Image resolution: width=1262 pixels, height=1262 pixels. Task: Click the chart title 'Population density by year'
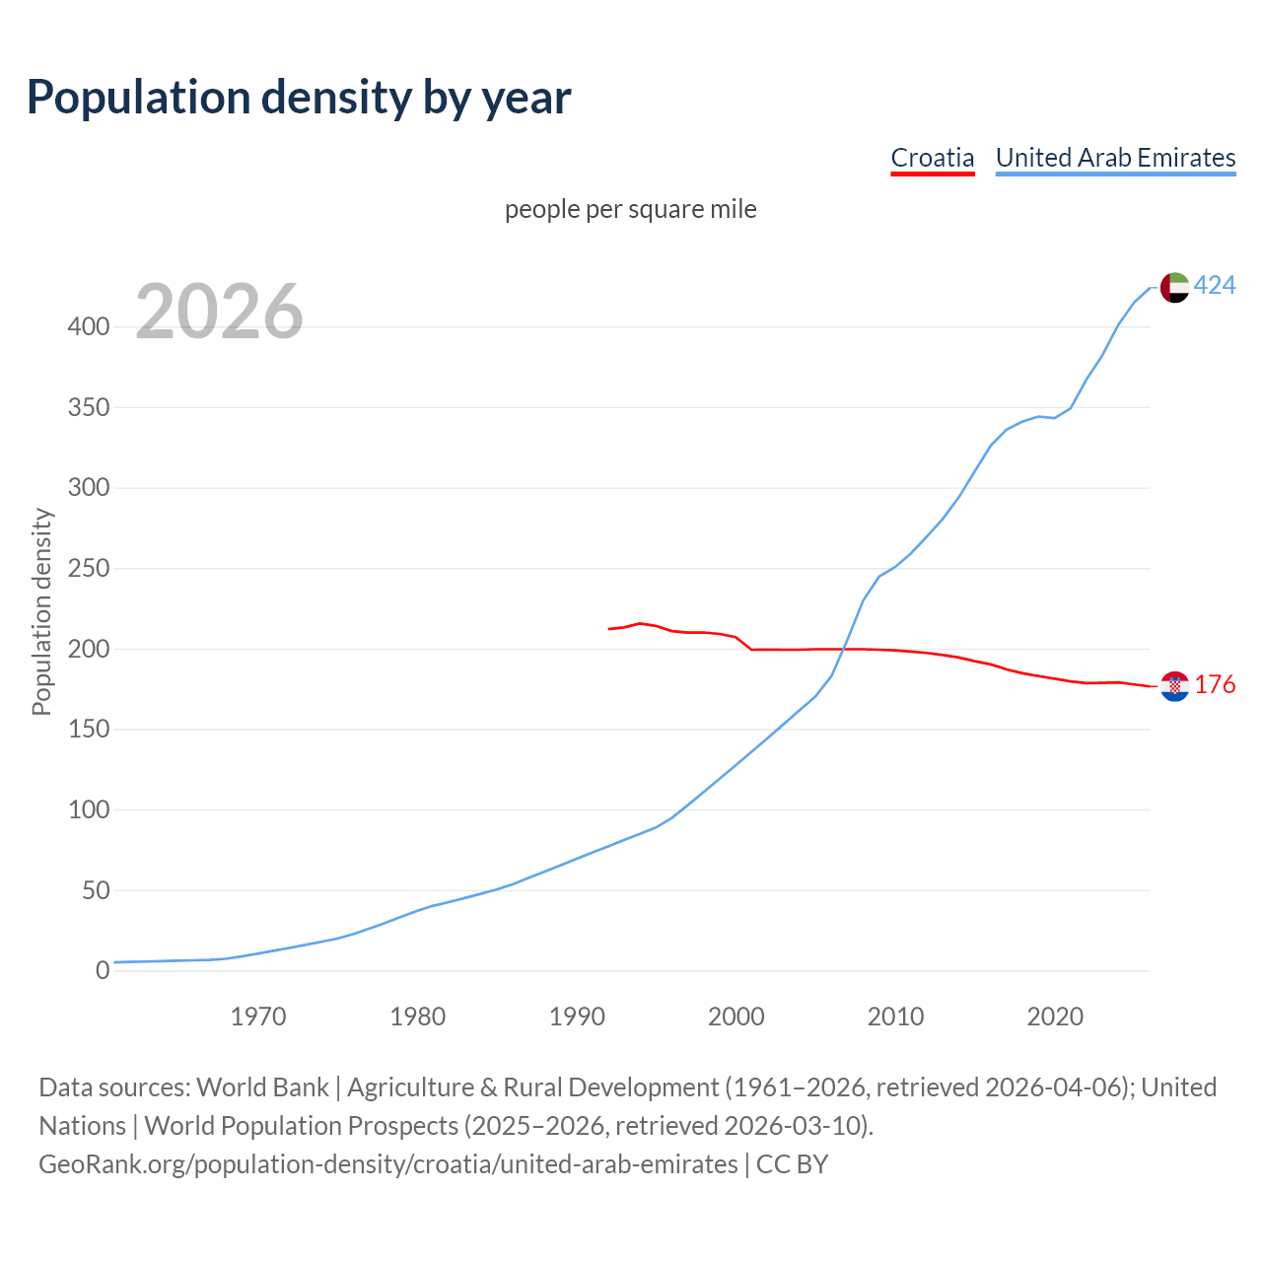(x=299, y=98)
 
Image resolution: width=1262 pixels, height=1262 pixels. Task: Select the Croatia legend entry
(x=932, y=158)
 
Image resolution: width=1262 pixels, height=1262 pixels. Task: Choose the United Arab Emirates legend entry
(x=1115, y=158)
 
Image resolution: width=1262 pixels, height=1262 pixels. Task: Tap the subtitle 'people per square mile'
(x=630, y=209)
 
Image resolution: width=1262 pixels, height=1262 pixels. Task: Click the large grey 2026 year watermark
(x=219, y=312)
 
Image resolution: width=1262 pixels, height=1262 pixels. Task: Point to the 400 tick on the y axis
(x=88, y=327)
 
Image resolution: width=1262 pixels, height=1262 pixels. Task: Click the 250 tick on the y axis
(x=88, y=569)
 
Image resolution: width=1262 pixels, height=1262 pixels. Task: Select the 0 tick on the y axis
(x=102, y=971)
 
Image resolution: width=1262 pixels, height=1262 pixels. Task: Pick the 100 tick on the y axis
(x=88, y=810)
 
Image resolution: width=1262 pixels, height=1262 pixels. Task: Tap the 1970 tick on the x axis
(x=258, y=1017)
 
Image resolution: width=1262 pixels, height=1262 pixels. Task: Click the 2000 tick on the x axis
(x=736, y=1017)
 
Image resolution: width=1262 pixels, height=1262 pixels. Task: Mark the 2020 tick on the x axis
(x=1055, y=1017)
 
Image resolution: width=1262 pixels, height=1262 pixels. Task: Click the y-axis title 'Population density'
(x=41, y=611)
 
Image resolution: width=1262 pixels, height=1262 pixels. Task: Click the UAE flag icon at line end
(x=1174, y=287)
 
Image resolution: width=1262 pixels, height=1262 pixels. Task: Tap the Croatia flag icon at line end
(x=1174, y=686)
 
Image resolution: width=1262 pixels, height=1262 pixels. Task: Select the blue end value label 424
(x=1215, y=286)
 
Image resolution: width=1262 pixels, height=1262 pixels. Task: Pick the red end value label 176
(x=1215, y=685)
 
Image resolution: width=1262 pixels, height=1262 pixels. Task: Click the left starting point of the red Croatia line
(x=609, y=629)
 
